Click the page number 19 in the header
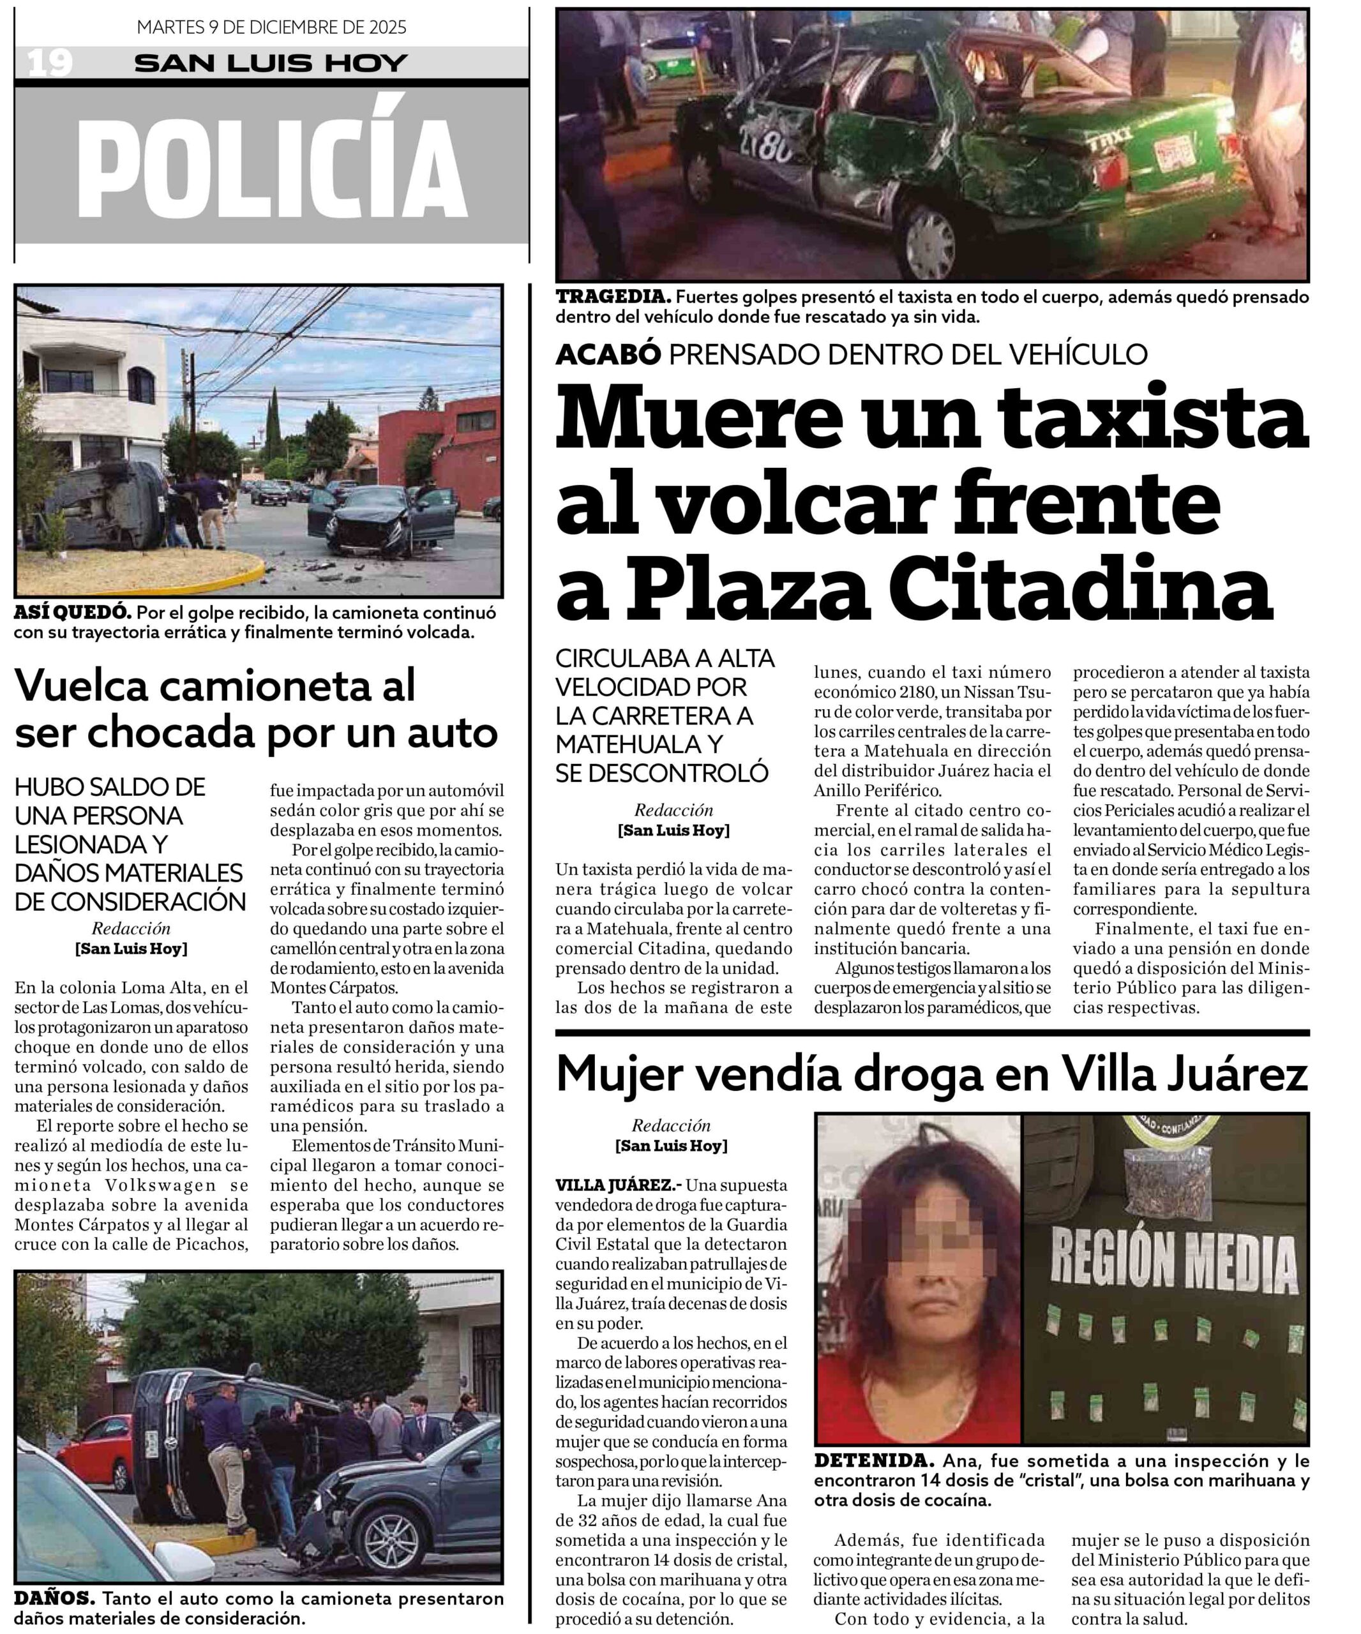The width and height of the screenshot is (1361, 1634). tap(50, 63)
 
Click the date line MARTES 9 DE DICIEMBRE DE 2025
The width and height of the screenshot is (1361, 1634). tap(271, 27)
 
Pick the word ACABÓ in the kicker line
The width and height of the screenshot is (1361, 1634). tap(608, 354)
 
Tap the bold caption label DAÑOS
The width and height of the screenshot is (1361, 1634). tap(54, 1599)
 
